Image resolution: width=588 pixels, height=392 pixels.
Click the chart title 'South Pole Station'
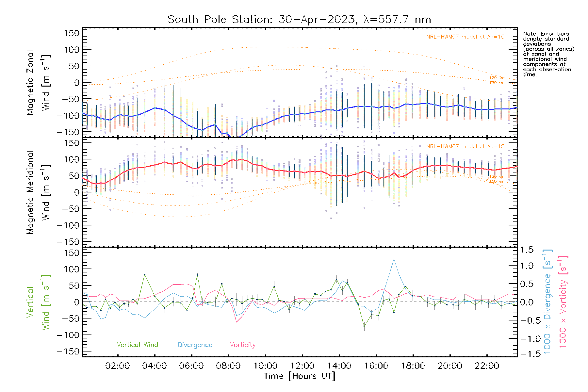click(220, 20)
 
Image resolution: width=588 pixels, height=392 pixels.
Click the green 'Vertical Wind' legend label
click(137, 345)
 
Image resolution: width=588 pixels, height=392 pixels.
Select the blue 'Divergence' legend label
click(195, 345)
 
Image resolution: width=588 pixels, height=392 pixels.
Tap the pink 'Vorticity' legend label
click(242, 345)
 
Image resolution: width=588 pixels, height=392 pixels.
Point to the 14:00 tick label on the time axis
click(339, 366)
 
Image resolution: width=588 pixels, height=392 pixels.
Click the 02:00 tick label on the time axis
click(117, 366)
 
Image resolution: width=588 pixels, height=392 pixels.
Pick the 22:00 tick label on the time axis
click(487, 366)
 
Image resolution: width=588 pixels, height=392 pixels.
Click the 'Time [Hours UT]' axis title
click(300, 376)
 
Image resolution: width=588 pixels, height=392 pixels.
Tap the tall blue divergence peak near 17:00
click(394, 259)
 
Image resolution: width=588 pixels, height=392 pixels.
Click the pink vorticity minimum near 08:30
click(237, 322)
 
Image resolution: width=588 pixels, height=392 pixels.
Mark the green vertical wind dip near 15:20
click(364, 326)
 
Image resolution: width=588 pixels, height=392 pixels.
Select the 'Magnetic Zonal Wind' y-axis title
click(39, 82)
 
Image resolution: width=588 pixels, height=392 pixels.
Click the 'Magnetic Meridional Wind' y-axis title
click(39, 192)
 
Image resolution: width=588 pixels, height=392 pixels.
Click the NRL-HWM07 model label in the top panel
click(465, 37)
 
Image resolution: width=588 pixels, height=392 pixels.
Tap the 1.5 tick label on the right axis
click(527, 250)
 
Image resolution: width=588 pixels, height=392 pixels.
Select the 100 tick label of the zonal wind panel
click(72, 50)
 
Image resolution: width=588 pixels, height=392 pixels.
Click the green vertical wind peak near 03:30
click(145, 275)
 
